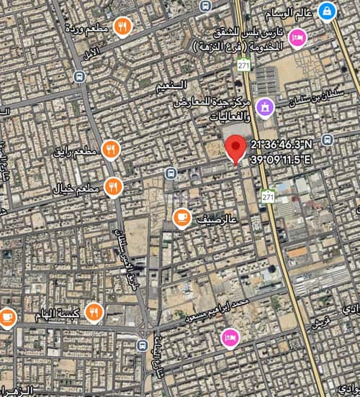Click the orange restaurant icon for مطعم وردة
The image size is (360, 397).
pyautogui.click(x=123, y=27)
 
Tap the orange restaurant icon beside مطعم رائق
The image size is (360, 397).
pyautogui.click(x=110, y=150)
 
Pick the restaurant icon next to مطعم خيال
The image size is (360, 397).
pyautogui.click(x=112, y=187)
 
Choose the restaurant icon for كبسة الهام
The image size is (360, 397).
pyautogui.click(x=93, y=312)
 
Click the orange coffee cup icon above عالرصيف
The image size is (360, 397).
pyautogui.click(x=182, y=216)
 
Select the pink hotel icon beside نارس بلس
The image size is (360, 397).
pyautogui.click(x=296, y=37)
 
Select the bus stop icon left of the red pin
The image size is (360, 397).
pyautogui.click(x=170, y=173)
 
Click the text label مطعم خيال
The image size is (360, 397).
pyautogui.click(x=75, y=189)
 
